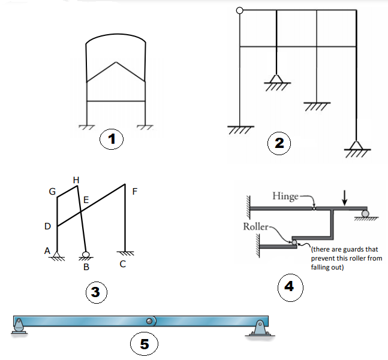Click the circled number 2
(279, 143)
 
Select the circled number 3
(95, 292)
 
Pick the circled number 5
(144, 344)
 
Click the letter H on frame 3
(76, 179)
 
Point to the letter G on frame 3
(52, 192)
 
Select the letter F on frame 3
(134, 191)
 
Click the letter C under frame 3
(122, 264)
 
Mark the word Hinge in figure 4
(285, 196)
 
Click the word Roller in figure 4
(255, 227)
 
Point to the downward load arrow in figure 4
(344, 197)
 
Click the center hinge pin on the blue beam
(149, 320)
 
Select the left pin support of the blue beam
(19, 326)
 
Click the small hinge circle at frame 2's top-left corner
(240, 10)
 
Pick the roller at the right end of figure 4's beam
(365, 214)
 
